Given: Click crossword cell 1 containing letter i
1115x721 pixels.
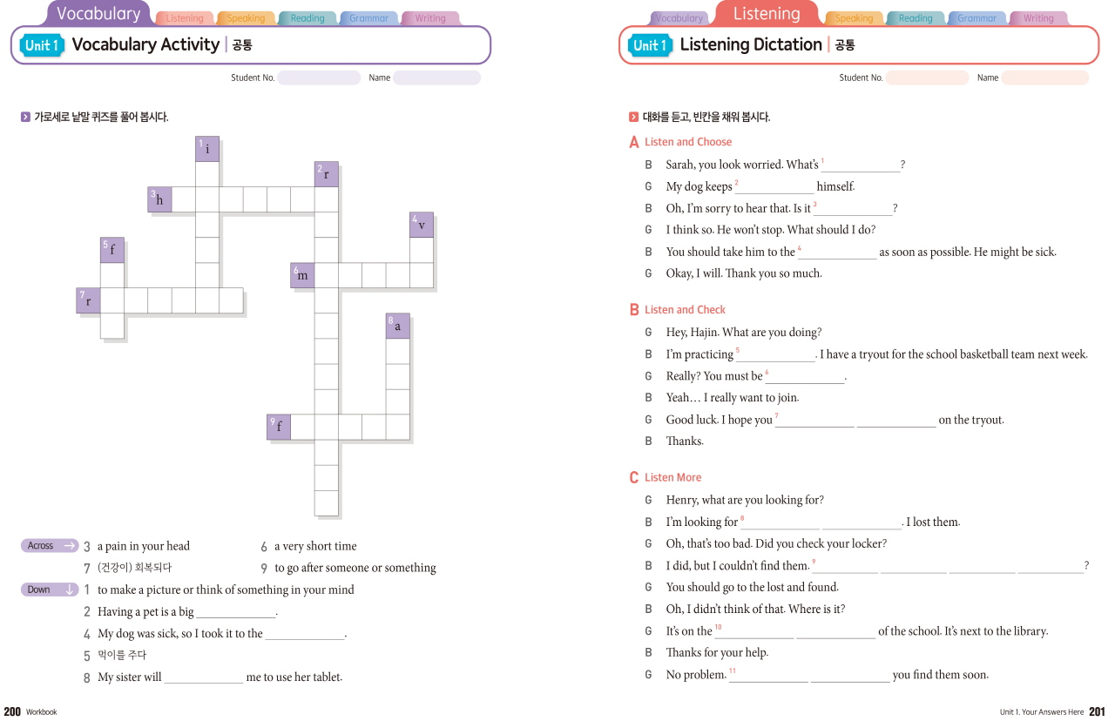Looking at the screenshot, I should (207, 149).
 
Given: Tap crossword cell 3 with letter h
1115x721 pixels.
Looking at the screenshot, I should (159, 200).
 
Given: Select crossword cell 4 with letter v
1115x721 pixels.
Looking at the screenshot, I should (422, 225).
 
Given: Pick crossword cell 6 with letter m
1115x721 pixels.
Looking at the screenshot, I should (302, 275).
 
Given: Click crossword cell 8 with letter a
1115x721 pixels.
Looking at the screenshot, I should (398, 326).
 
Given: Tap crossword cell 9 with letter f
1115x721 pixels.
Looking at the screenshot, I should (279, 427).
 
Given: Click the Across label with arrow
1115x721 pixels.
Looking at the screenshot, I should (50, 546).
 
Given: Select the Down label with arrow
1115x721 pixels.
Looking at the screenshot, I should (50, 590).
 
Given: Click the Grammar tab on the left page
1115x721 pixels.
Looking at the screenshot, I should (368, 18).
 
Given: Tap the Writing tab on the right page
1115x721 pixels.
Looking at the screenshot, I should (1038, 18).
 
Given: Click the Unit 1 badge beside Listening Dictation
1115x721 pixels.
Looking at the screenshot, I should (650, 45).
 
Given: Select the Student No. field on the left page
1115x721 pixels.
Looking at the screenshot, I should (319, 77).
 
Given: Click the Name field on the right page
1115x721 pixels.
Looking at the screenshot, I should (1044, 77).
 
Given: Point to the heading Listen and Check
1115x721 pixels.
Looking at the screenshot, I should (685, 310).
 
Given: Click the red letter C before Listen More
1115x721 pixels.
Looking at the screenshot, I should (634, 478).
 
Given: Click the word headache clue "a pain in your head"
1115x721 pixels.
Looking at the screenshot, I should (143, 546).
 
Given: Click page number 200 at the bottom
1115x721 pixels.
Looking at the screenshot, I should (12, 711).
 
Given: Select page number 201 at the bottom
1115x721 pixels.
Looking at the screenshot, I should (1097, 711).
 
